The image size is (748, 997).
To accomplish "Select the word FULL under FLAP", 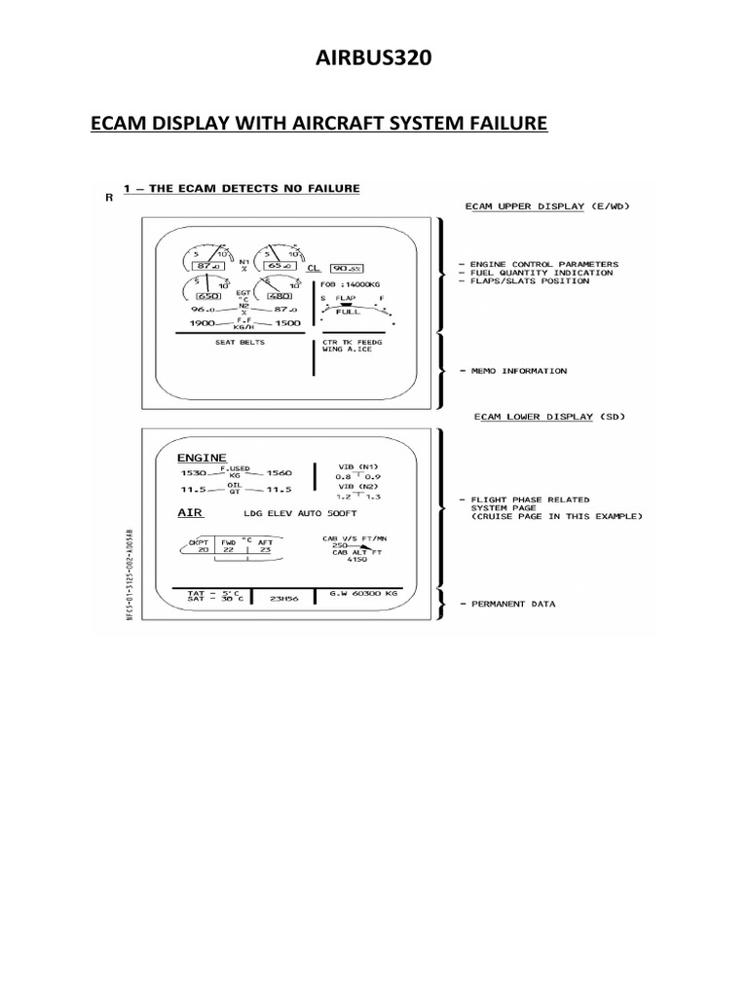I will point(349,314).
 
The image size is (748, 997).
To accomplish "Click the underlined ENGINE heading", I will point(202,457).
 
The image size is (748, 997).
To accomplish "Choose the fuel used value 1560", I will point(280,471).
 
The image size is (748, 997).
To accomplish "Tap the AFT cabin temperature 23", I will point(266,550).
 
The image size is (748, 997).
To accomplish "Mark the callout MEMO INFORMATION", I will point(518,371).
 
